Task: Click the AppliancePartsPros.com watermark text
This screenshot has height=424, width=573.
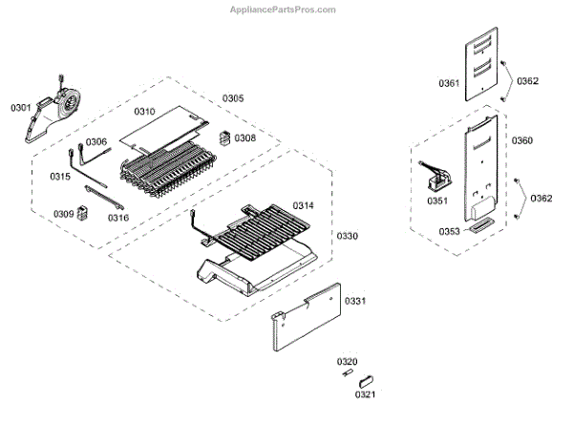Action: [284, 10]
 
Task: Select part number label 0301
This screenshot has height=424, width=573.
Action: [21, 108]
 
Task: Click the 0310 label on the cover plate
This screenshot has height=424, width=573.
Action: [144, 112]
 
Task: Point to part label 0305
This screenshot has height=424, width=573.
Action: [233, 98]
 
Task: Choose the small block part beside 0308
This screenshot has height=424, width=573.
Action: [225, 138]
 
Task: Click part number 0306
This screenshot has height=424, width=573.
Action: [96, 142]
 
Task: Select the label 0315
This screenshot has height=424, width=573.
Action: [60, 177]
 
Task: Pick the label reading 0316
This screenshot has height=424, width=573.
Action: [118, 218]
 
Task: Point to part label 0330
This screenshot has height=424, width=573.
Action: [345, 235]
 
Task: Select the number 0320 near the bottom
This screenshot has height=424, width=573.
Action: [347, 361]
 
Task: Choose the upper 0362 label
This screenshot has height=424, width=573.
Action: [528, 81]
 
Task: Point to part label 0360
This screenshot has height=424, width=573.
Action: [522, 141]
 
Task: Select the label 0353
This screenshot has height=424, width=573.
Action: [449, 231]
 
